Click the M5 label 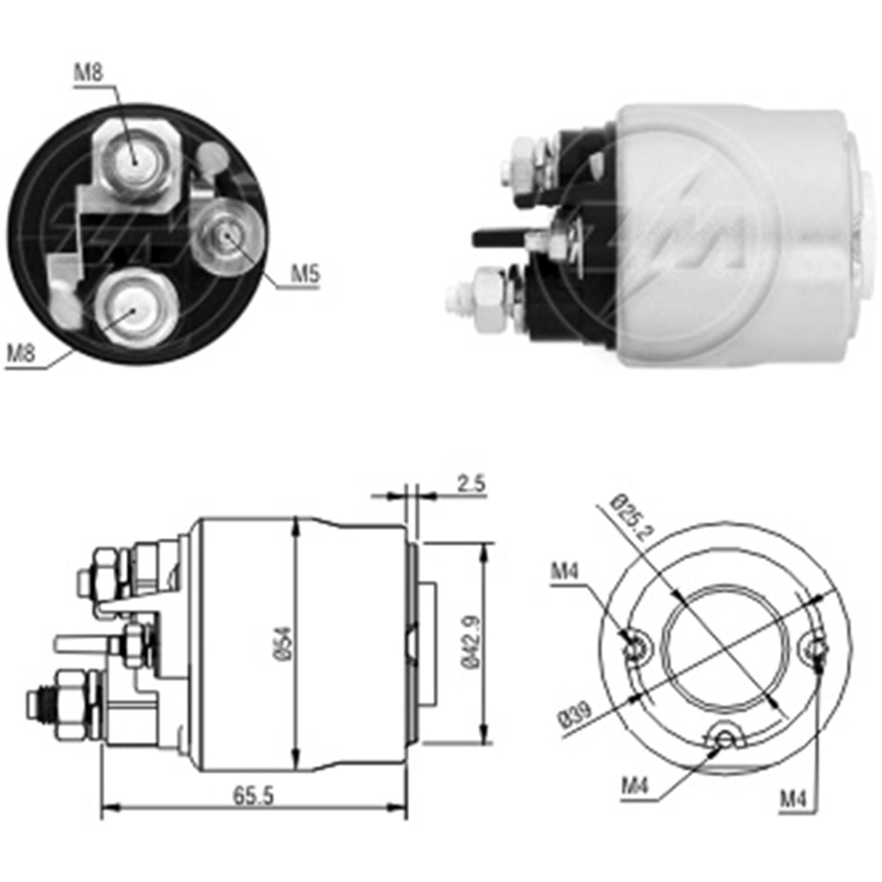305,275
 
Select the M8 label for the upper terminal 89,72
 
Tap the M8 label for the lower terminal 21,353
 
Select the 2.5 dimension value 471,484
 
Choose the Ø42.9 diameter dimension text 471,642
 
